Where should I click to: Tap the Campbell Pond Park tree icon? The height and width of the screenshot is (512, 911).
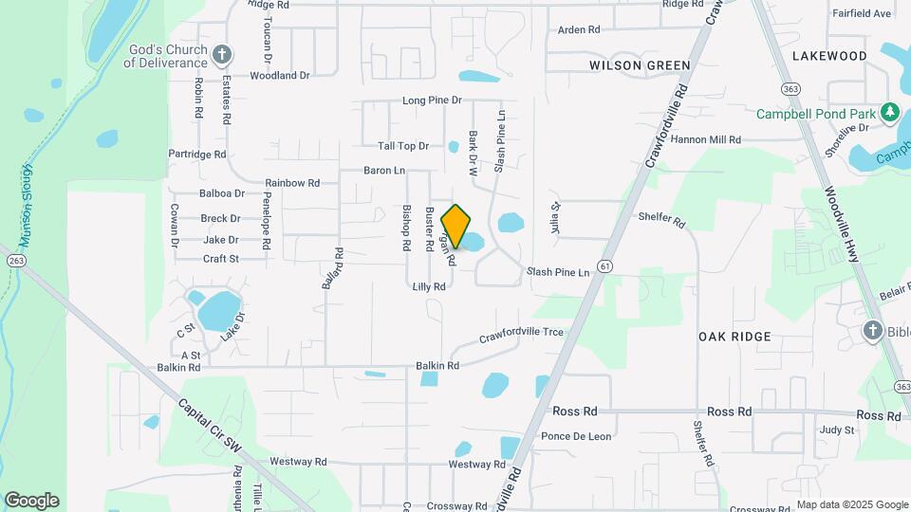[889, 114]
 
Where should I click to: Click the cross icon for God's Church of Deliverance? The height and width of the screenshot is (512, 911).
[222, 54]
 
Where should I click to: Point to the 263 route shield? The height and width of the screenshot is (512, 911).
[14, 260]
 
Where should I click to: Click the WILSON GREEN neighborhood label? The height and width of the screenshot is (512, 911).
[640, 65]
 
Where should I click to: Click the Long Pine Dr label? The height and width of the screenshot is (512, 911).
[432, 100]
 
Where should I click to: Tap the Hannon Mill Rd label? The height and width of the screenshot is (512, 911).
[706, 139]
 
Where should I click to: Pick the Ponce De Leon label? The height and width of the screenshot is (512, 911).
[575, 436]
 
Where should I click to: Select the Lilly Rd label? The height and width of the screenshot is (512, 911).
[429, 286]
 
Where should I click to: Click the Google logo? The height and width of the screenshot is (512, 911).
[31, 500]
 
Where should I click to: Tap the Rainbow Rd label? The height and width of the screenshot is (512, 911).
[292, 182]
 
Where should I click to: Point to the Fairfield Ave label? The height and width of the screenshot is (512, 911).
[862, 13]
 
